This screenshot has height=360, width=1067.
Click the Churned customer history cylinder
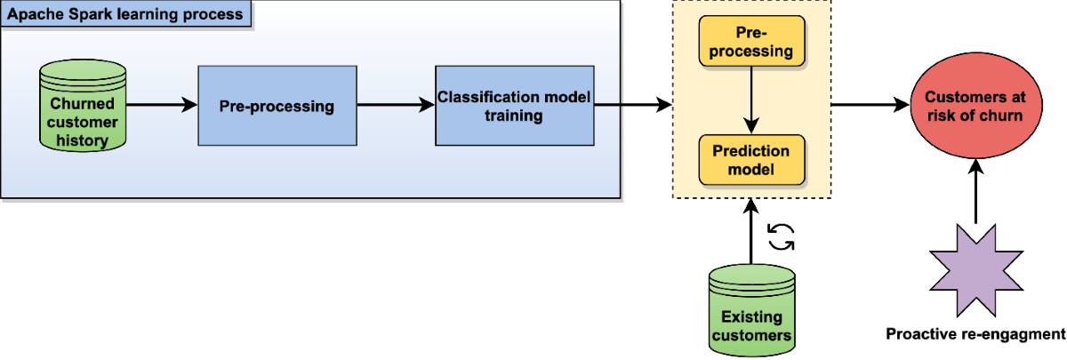coord(83,106)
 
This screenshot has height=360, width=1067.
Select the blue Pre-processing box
coord(277,106)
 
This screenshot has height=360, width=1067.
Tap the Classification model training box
coord(515,106)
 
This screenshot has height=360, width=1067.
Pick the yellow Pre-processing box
coord(751,41)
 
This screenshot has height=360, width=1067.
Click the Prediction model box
coord(751,160)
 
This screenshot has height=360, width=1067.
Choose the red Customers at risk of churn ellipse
coord(976,105)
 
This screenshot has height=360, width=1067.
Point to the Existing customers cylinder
coord(751,310)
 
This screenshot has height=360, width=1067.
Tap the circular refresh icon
coord(781,237)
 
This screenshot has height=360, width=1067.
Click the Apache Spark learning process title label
coord(125,14)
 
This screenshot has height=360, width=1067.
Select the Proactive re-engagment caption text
coord(975,334)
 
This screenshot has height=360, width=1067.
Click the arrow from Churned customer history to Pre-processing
coord(162,105)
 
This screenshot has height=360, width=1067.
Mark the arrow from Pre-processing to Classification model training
coord(396,105)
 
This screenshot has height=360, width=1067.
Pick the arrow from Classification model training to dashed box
coord(633,105)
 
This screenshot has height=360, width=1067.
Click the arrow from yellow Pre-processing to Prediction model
coord(751,100)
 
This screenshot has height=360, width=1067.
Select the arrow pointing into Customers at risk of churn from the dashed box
coord(870,105)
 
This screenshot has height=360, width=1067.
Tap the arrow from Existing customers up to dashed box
coord(751,231)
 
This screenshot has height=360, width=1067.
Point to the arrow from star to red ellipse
coord(976,191)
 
